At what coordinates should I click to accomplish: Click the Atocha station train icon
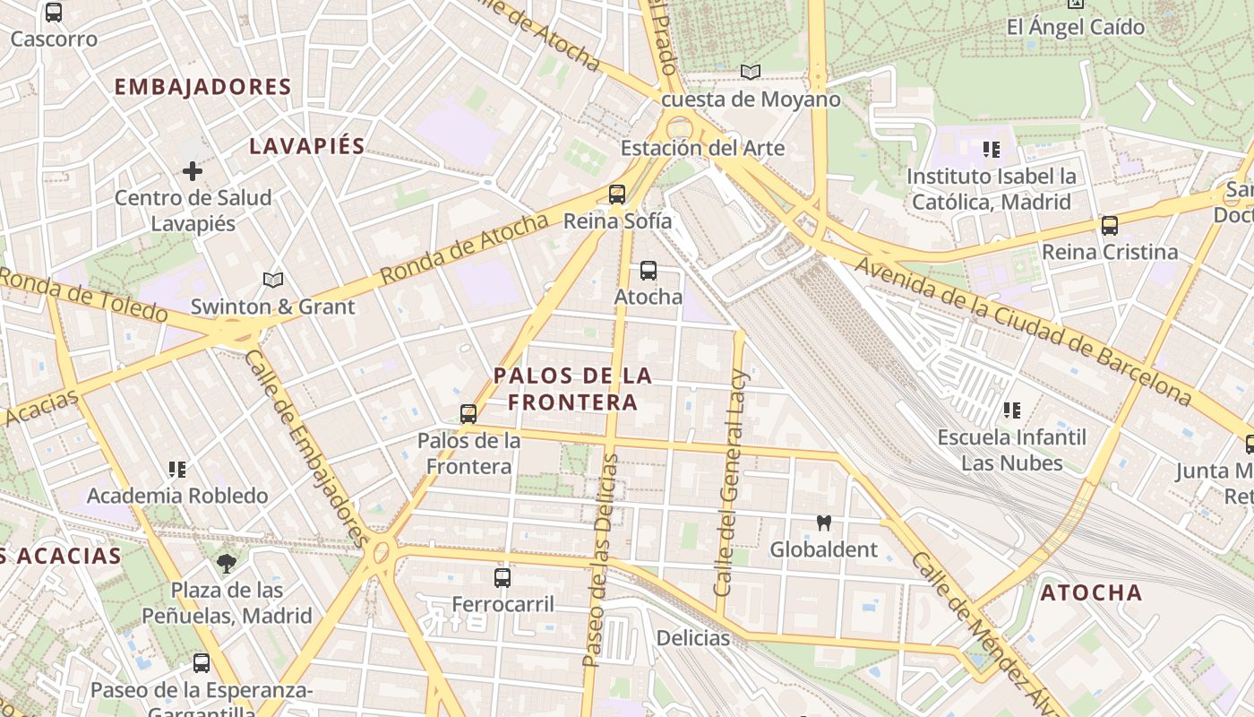(648, 270)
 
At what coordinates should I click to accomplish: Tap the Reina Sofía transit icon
(616, 194)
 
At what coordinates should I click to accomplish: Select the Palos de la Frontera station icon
(468, 413)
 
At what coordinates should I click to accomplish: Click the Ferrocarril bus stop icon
(502, 577)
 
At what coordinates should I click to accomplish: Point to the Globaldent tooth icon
(824, 523)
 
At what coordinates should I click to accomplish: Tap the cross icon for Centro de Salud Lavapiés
(193, 170)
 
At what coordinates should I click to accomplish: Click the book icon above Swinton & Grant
(273, 280)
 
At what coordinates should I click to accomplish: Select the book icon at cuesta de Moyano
(751, 72)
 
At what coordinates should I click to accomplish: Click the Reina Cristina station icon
(1110, 225)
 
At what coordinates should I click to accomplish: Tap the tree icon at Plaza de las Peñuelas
(227, 563)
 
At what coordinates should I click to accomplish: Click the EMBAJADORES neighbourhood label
(203, 87)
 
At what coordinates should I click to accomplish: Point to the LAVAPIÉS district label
(307, 146)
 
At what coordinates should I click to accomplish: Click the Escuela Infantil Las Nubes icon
(1012, 410)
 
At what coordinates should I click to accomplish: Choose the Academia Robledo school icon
(177, 469)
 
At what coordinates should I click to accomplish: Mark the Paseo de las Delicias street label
(600, 560)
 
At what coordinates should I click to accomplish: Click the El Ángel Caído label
(1075, 27)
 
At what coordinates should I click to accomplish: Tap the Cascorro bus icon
(54, 13)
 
